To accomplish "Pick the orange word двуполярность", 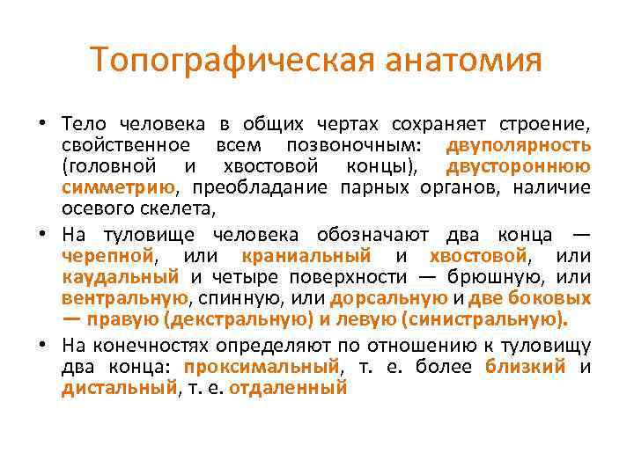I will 519,143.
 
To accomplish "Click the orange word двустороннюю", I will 519,165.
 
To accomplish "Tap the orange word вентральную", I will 125,299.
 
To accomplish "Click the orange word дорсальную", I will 389,299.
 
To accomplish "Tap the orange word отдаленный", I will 288,388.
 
